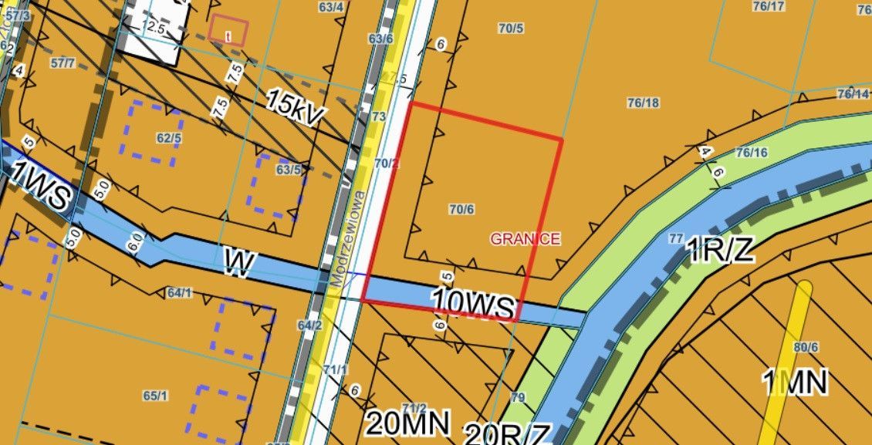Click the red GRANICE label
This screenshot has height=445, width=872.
(525, 239)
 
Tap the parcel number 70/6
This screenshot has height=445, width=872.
(461, 208)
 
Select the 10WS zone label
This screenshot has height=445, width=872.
(473, 303)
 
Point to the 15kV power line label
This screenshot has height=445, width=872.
(296, 107)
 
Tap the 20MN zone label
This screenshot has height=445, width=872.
(407, 422)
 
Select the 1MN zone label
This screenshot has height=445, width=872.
(795, 382)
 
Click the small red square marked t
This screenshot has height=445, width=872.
(228, 31)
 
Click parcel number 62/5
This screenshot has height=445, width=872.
(168, 139)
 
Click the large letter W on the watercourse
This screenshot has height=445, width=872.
(240, 263)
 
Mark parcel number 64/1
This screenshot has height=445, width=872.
(179, 292)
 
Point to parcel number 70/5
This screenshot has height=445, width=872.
(511, 29)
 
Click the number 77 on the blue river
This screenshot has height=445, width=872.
(676, 238)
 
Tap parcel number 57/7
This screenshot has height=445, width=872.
(63, 63)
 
